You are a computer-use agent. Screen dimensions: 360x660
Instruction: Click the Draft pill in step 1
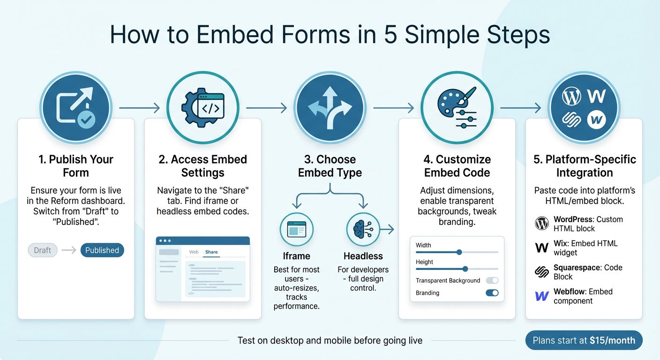tap(43, 250)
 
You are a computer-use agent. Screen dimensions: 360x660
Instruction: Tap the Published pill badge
tap(102, 250)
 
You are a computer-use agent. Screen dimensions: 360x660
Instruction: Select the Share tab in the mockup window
tap(211, 252)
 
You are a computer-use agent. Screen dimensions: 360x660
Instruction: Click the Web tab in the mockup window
tap(194, 252)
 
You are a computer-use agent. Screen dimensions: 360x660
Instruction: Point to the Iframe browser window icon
tap(296, 230)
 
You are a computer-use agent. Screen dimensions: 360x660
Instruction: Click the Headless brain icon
tap(363, 230)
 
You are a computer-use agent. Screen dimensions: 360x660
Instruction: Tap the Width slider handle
tap(459, 252)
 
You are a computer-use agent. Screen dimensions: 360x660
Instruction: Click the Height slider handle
tap(465, 269)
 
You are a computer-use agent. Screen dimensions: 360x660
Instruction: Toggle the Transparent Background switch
tap(492, 280)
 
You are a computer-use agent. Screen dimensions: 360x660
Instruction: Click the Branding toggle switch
tap(492, 293)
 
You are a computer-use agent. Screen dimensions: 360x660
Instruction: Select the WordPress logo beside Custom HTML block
tap(542, 224)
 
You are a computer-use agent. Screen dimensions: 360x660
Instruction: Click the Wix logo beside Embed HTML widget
tap(542, 248)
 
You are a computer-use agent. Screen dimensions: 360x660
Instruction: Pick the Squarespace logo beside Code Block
tap(542, 272)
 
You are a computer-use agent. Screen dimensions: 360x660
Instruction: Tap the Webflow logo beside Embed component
tap(542, 296)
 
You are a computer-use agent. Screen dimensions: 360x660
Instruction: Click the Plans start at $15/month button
tap(584, 341)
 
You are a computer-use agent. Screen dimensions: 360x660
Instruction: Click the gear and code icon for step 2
tap(202, 107)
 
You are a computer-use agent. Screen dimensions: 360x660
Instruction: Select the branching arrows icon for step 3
tap(330, 107)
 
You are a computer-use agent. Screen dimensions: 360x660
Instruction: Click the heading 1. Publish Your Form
tap(76, 166)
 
